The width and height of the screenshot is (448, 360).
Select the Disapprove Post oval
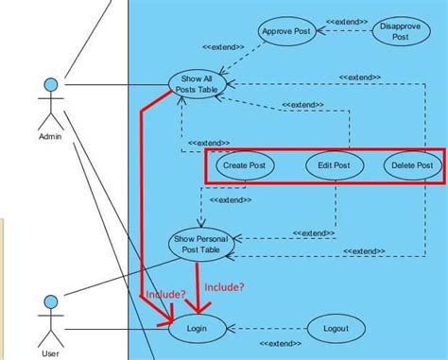coord(401,31)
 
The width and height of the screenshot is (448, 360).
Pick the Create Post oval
coord(244,165)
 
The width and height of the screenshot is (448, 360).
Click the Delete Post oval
coord(412,165)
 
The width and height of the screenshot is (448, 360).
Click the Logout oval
coord(336,329)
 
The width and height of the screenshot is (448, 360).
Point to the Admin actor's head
coord(51,86)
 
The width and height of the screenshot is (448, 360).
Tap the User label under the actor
coord(51,354)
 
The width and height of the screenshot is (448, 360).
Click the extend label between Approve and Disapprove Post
coord(347,20)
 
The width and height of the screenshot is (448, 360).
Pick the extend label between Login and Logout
coord(271,344)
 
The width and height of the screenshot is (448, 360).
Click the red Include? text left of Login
coord(164,296)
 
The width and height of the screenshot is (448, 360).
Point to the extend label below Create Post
coord(230,199)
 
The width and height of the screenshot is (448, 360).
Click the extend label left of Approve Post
coord(223,46)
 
